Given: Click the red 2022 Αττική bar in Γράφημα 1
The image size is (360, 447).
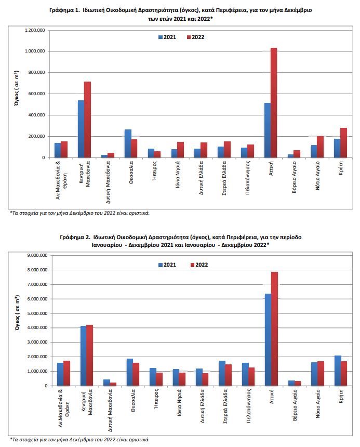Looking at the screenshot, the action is (x=274, y=102).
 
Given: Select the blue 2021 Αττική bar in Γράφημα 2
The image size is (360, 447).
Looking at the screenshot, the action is (x=268, y=339).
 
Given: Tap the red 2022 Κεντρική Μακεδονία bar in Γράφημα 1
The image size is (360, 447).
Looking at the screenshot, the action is (x=87, y=120).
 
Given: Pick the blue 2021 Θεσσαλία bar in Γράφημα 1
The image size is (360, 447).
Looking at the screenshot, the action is (x=128, y=143).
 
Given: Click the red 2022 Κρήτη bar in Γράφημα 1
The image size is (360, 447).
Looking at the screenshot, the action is (x=343, y=142).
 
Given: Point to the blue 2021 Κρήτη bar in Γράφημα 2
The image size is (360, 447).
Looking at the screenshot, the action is (x=338, y=371).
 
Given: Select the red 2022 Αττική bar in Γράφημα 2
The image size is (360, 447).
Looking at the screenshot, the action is (x=275, y=328).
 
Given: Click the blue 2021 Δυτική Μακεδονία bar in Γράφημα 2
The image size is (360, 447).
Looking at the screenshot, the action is (x=107, y=383).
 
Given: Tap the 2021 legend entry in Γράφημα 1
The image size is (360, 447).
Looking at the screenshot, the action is (x=167, y=37).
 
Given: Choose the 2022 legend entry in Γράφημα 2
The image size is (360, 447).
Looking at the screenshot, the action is (x=199, y=265).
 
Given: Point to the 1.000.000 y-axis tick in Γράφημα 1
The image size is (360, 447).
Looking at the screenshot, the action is (x=35, y=51).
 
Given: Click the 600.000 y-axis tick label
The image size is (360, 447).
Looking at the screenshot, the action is (x=36, y=94).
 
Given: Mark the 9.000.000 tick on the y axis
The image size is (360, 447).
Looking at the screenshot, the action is (x=37, y=255).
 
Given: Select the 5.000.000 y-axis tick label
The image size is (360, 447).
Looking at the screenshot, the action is (x=37, y=313).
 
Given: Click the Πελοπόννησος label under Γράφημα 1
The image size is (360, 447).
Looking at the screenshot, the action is (x=247, y=178).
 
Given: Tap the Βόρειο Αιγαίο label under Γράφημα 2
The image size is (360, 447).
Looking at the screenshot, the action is (x=295, y=405).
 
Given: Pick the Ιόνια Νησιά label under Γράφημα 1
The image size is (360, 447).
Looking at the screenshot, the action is (x=178, y=175).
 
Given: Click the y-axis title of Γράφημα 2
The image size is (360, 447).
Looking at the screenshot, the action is (x=17, y=313).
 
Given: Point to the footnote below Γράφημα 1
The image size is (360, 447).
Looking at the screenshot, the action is (x=80, y=213).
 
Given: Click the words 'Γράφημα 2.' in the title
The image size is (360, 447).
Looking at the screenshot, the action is (x=75, y=237).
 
